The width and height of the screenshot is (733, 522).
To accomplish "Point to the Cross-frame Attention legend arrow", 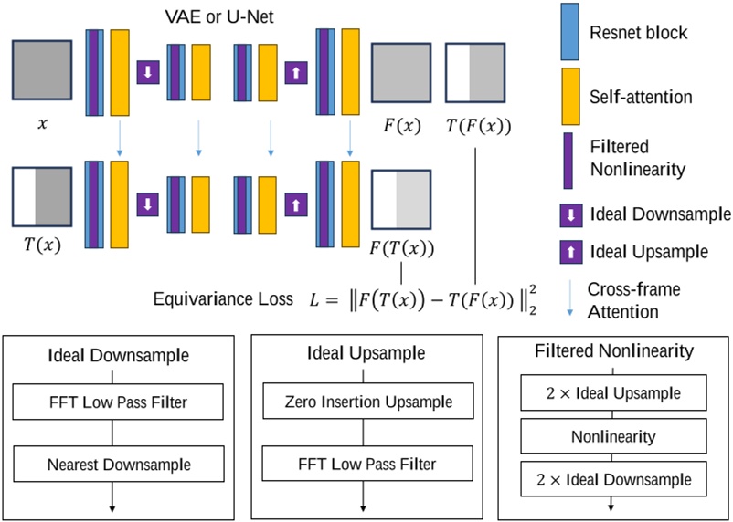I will (x=569, y=299).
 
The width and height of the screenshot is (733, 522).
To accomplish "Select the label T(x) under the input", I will (x=38, y=244).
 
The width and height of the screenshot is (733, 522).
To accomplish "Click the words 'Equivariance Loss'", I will (x=237, y=298).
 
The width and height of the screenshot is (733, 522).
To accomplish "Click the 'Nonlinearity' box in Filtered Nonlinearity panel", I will (x=613, y=436).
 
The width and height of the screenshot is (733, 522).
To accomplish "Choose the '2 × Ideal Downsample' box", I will (x=613, y=477).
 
